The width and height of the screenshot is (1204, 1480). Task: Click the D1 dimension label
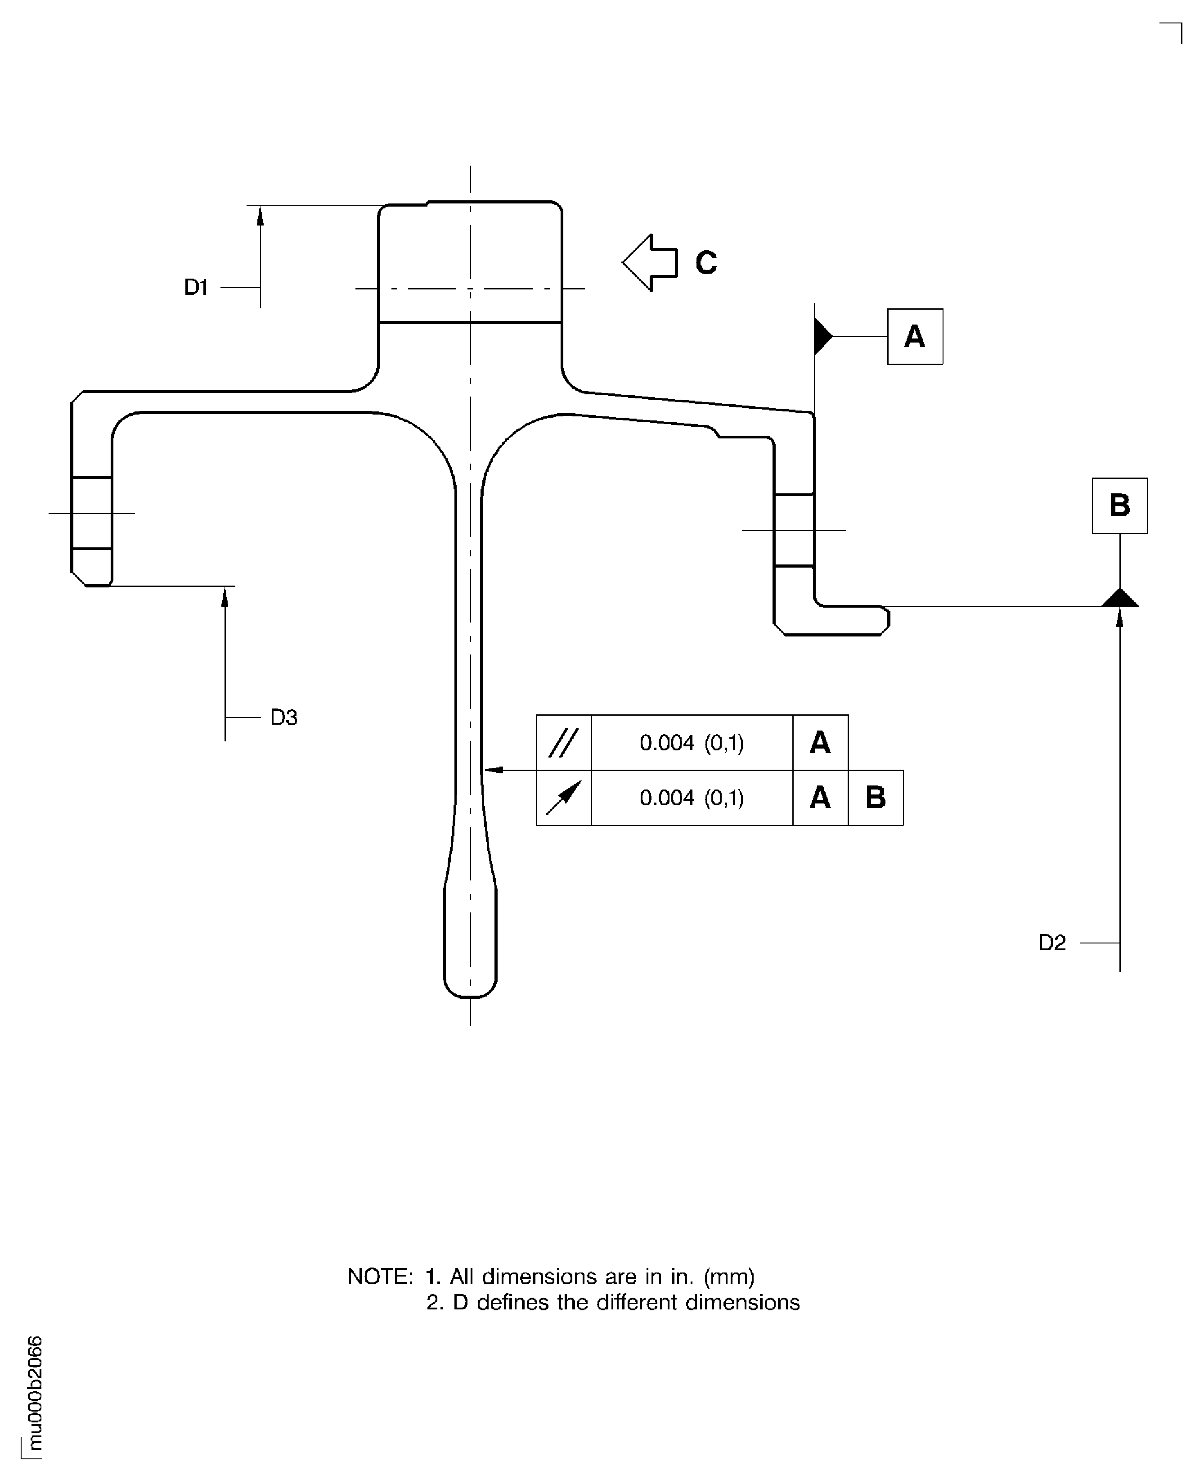pyautogui.click(x=196, y=287)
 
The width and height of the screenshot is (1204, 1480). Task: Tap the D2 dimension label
pyautogui.click(x=1051, y=943)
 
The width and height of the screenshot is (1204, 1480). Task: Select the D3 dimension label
pyautogui.click(x=283, y=717)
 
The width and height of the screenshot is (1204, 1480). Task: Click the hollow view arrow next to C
pyautogui.click(x=649, y=263)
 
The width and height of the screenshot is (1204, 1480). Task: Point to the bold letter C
pyautogui.click(x=706, y=263)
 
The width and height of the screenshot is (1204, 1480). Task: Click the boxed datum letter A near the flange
pyautogui.click(x=915, y=337)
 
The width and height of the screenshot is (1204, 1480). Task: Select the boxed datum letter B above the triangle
pyautogui.click(x=1119, y=506)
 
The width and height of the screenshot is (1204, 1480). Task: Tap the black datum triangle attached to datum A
pyautogui.click(x=822, y=337)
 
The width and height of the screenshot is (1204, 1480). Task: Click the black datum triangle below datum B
pyautogui.click(x=1119, y=598)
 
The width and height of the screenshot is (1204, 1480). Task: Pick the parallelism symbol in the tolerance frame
pyautogui.click(x=563, y=743)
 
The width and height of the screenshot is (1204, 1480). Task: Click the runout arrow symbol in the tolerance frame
pyautogui.click(x=563, y=798)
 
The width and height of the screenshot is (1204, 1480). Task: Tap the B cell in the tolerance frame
pyautogui.click(x=875, y=798)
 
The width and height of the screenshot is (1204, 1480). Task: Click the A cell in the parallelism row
pyautogui.click(x=820, y=743)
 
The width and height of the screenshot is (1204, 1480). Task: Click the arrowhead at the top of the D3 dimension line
pyautogui.click(x=225, y=597)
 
